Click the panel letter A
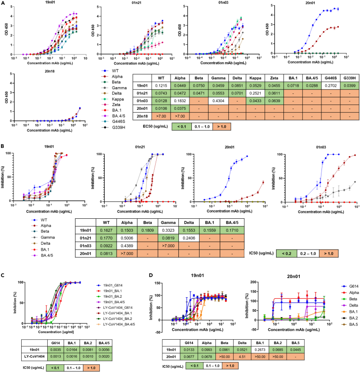point(3,4)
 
